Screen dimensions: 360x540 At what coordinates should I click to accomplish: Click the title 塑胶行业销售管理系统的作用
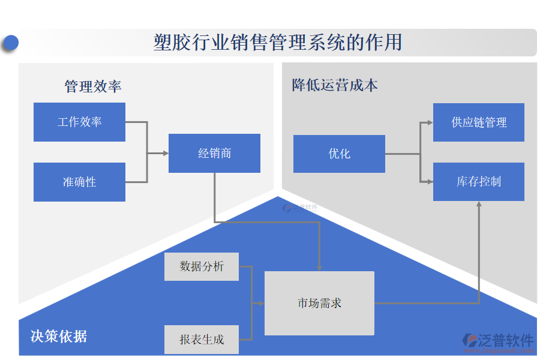pos(277,43)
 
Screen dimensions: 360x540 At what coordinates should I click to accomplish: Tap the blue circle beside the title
pos(10,43)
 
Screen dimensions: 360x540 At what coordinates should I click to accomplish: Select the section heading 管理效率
pos(93,86)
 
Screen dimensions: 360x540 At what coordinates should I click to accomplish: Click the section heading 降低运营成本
pos(335,85)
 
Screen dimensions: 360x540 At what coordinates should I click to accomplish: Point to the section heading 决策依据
pos(59,336)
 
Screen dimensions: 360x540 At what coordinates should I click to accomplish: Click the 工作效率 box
pos(79,122)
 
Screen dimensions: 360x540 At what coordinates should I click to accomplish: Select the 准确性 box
pos(79,182)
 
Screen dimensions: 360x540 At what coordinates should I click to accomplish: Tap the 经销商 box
pos(214,154)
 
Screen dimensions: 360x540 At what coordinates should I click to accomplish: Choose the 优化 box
pos(339,154)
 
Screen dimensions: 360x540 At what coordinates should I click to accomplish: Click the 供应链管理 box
pos(478,122)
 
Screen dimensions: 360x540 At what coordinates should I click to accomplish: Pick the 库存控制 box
pos(478,182)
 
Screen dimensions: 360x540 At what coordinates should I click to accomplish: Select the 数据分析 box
pos(202,266)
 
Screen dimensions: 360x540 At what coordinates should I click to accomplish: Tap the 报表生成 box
pos(202,340)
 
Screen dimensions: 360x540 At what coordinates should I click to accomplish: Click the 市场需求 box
pos(319,303)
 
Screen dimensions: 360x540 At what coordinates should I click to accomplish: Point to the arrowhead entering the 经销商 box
pos(166,154)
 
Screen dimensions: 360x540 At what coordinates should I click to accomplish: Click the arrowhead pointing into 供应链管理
pos(430,122)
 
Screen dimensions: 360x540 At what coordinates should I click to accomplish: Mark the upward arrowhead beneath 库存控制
pos(479,205)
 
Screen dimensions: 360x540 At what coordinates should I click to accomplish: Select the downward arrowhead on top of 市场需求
pos(319,268)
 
